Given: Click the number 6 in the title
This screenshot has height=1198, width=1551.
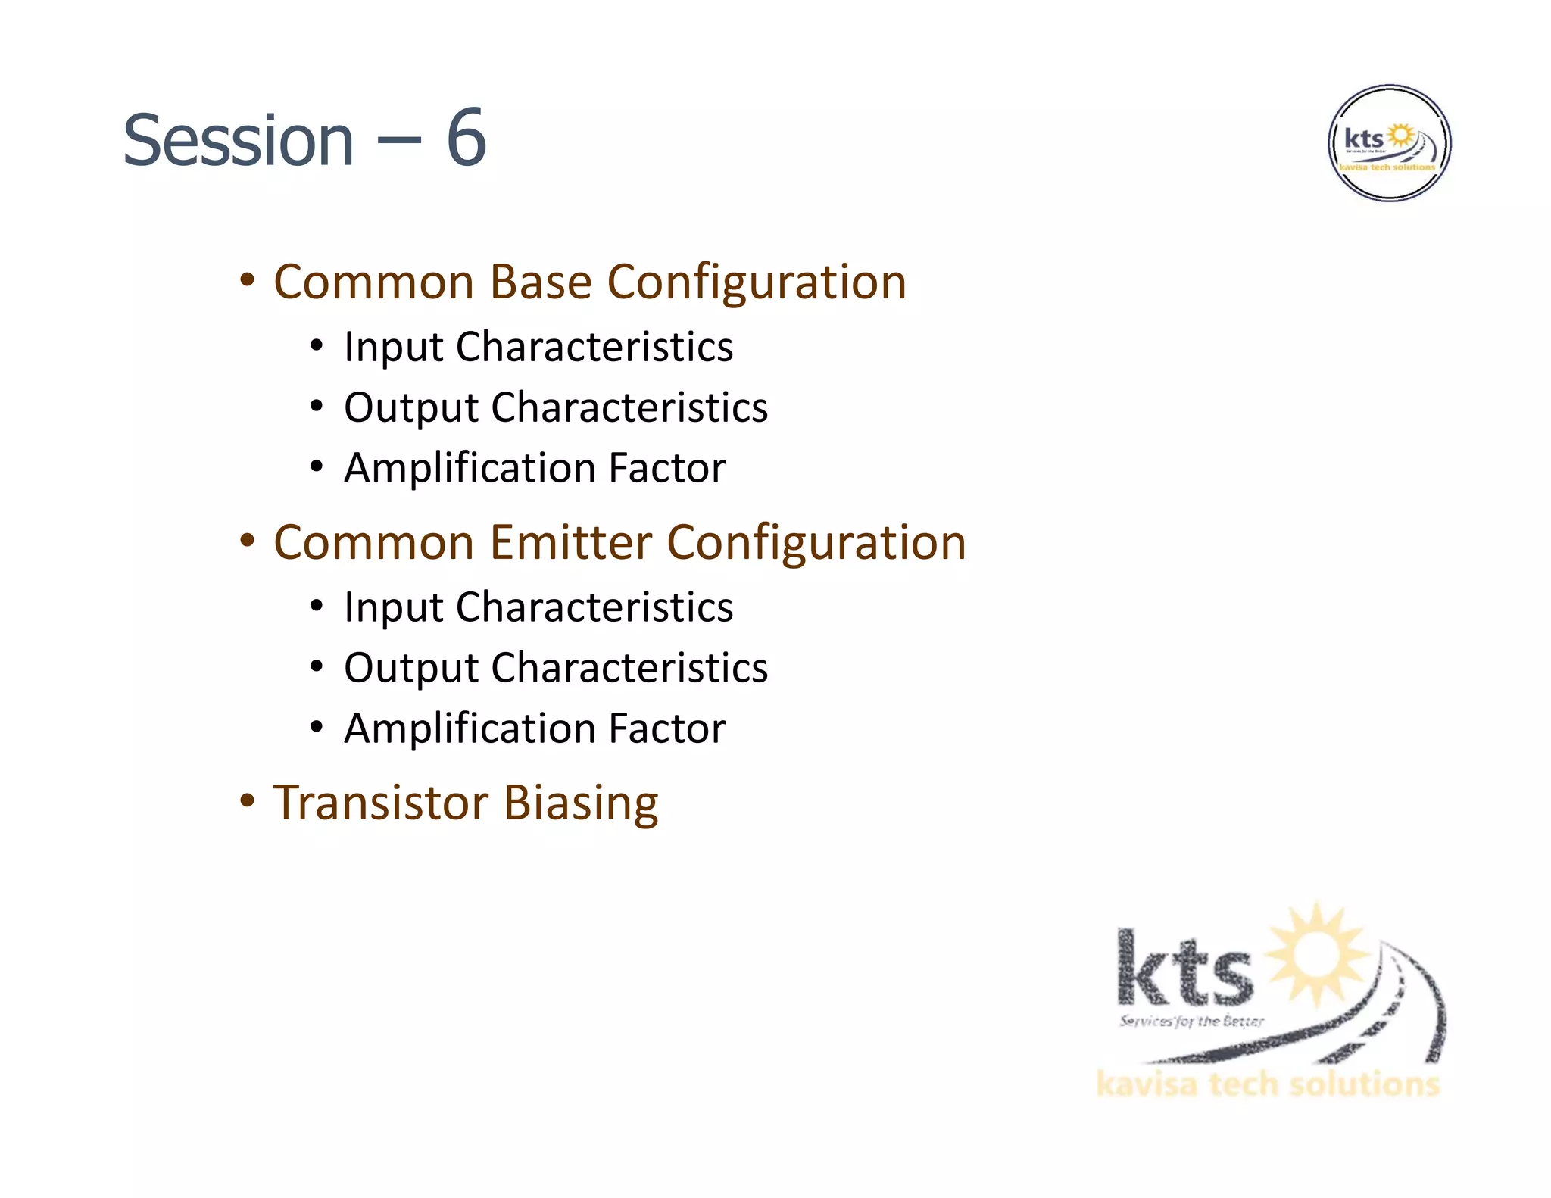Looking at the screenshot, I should click(466, 139).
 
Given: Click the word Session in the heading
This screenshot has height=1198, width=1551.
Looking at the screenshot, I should click(239, 141).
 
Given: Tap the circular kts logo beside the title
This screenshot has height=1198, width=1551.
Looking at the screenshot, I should click(1389, 143).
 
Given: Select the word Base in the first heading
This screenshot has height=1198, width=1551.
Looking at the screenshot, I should click(540, 282).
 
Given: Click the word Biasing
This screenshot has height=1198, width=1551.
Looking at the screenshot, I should click(581, 804).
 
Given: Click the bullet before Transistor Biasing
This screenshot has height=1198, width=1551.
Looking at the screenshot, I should click(247, 801).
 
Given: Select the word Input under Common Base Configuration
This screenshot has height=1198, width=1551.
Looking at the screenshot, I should click(393, 348).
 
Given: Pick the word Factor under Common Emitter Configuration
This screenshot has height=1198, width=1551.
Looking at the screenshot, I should click(666, 728).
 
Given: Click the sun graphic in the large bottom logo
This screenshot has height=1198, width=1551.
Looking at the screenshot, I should click(1319, 954).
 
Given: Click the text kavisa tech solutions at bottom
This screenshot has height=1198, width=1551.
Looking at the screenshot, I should click(1268, 1084).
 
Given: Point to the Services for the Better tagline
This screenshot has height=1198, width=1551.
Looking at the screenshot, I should click(1191, 1021).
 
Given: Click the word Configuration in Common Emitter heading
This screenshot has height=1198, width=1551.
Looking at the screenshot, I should click(816, 542).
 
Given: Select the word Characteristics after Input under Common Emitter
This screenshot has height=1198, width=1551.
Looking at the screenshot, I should click(594, 607).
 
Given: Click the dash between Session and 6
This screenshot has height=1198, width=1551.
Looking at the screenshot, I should click(399, 141).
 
